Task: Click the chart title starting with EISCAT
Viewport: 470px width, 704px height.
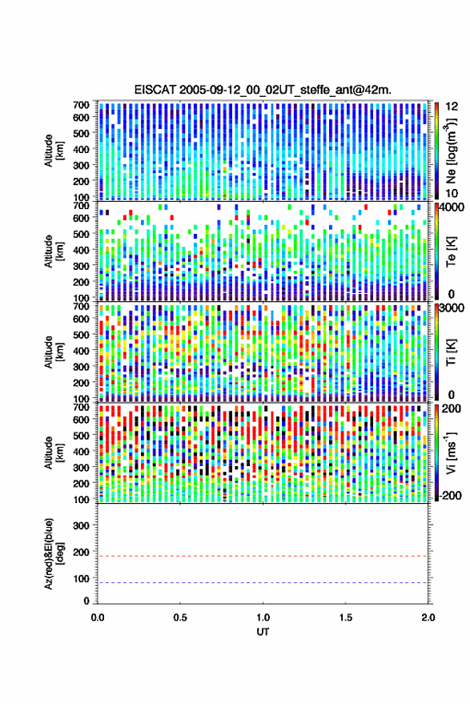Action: click(x=263, y=90)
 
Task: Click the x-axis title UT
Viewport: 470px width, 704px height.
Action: click(x=263, y=632)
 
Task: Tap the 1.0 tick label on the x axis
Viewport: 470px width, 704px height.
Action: click(x=263, y=618)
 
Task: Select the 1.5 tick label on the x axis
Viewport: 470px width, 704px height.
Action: click(x=346, y=618)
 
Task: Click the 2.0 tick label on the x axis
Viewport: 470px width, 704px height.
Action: click(x=428, y=618)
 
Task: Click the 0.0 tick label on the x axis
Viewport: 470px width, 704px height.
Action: click(x=98, y=618)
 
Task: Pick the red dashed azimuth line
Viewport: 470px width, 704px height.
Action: click(x=263, y=556)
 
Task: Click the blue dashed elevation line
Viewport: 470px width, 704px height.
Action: click(x=263, y=583)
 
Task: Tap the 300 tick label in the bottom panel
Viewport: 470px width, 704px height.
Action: click(x=81, y=525)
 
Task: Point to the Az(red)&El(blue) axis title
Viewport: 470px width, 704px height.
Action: click(x=54, y=553)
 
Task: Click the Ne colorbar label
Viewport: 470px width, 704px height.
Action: click(x=452, y=151)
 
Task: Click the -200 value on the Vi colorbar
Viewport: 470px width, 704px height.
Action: click(x=450, y=496)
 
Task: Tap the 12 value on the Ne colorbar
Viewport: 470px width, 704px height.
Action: click(x=452, y=107)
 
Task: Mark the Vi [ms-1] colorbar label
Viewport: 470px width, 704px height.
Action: click(x=451, y=453)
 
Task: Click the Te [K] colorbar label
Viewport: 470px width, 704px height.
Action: click(x=451, y=251)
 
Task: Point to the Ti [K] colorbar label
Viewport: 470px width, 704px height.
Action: click(x=451, y=352)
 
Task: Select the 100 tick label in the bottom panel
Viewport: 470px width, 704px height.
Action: click(x=81, y=579)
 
